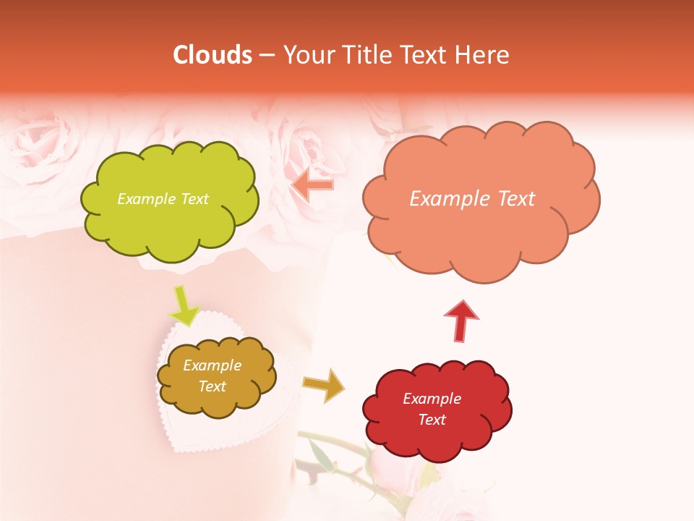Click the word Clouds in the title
(x=213, y=55)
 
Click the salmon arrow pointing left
(x=312, y=185)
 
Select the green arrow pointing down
(x=184, y=305)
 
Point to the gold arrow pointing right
(x=324, y=384)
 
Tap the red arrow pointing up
(x=461, y=321)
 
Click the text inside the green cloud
(x=163, y=199)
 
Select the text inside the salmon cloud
(x=472, y=199)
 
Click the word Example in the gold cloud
(x=212, y=365)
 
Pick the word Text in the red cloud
(x=432, y=420)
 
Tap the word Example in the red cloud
(x=432, y=399)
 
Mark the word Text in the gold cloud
(x=212, y=386)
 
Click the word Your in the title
(x=308, y=55)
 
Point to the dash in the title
(x=267, y=55)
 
